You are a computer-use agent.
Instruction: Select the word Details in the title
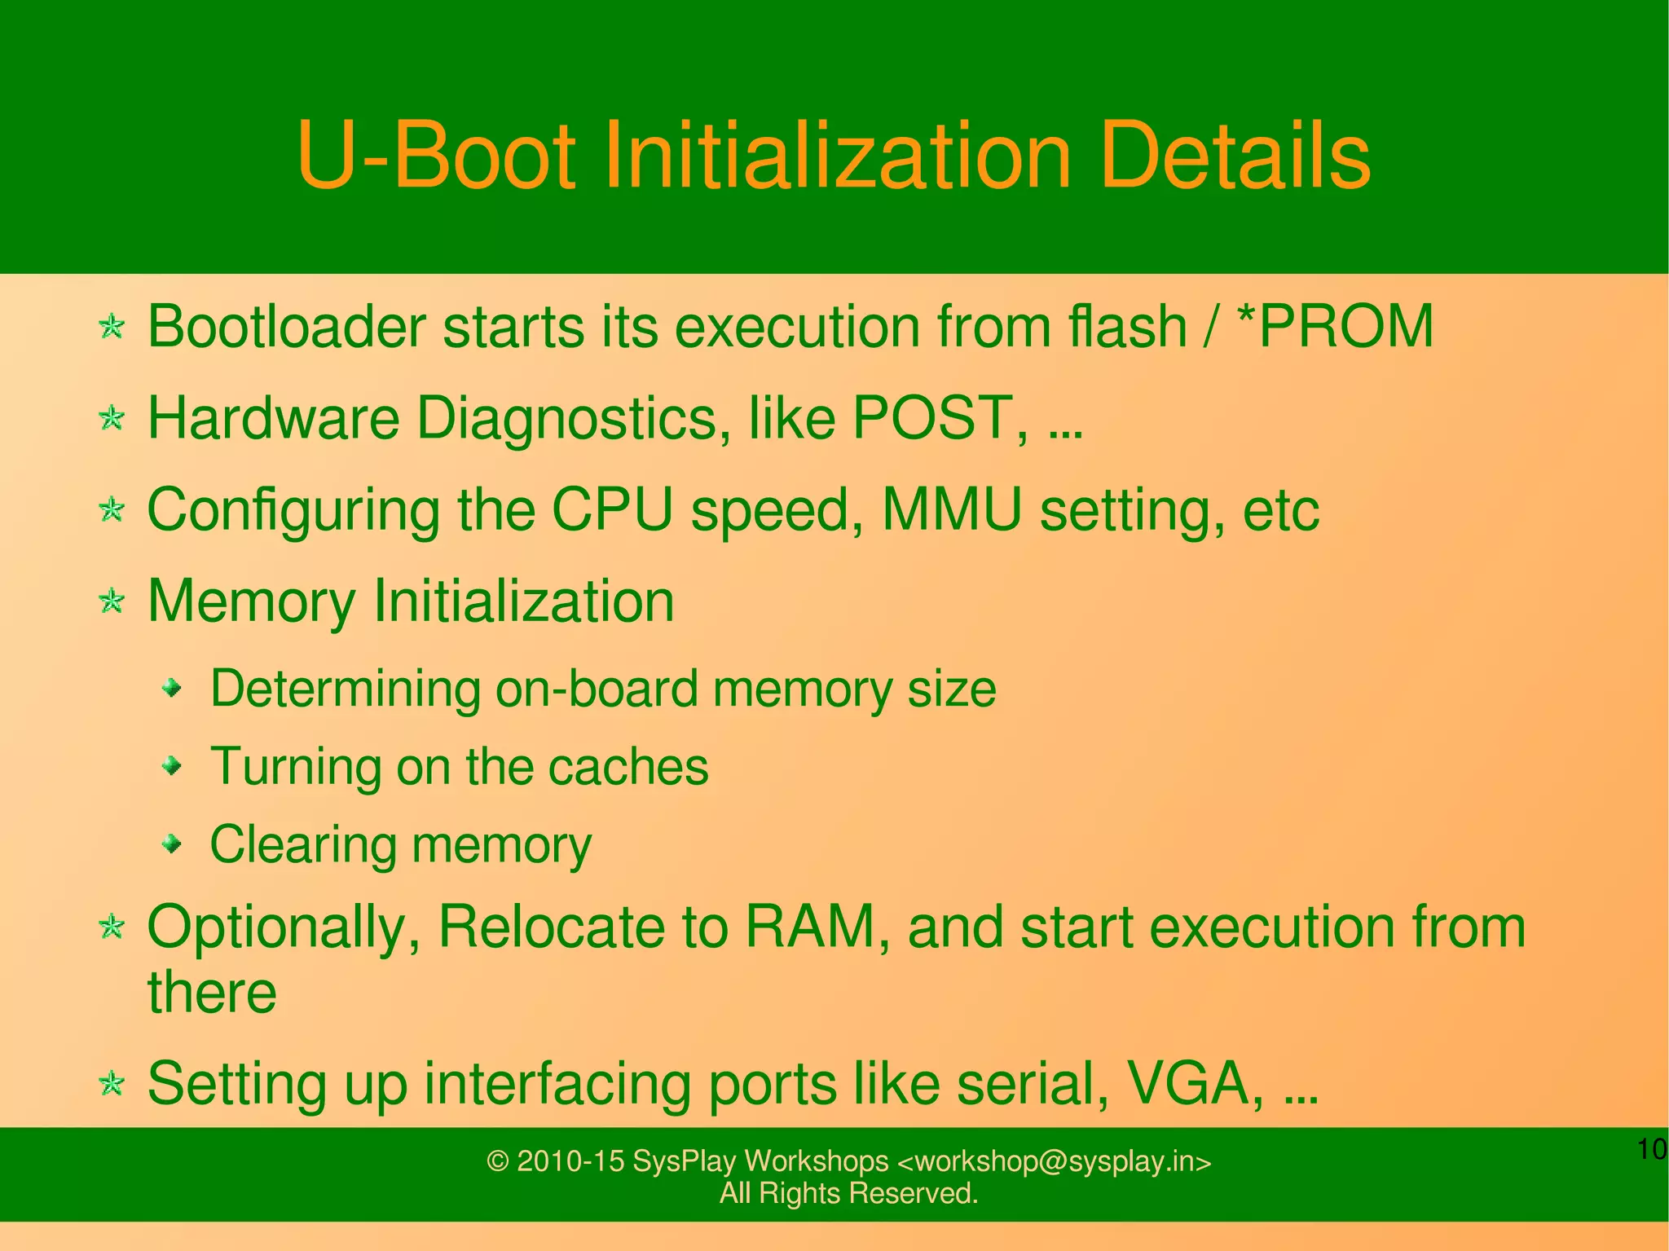[1235, 156]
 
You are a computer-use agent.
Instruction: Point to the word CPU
[612, 510]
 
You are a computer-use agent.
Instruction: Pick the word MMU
[952, 510]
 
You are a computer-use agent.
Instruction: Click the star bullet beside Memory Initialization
[112, 602]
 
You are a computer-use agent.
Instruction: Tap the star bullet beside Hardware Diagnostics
[112, 419]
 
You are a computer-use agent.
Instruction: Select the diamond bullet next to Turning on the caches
[171, 766]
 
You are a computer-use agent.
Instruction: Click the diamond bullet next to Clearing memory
[171, 844]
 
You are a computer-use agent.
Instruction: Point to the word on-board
[597, 689]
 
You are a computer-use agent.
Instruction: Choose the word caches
[628, 767]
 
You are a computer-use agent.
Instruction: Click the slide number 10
[1652, 1150]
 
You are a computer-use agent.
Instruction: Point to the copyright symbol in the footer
[497, 1161]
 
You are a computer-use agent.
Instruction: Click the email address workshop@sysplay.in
[1054, 1161]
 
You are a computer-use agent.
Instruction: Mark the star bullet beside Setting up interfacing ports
[112, 1085]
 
